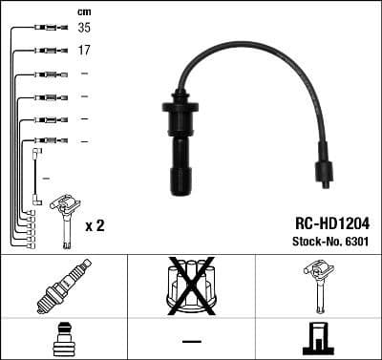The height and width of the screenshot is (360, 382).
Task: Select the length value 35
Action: point(84,29)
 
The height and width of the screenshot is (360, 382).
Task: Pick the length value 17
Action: point(84,51)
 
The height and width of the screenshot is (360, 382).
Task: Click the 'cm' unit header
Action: point(84,11)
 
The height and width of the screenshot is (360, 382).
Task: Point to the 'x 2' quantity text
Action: point(95,226)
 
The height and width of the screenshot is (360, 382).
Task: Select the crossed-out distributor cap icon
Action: point(191,284)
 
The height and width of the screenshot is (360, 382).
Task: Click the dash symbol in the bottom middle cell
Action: point(191,341)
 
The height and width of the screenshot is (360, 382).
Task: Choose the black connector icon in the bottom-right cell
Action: point(319,339)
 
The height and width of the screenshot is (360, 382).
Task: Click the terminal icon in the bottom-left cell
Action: point(63,340)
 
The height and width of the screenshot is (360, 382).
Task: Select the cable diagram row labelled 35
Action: point(43,30)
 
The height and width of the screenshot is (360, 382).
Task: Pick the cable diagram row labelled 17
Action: point(43,51)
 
